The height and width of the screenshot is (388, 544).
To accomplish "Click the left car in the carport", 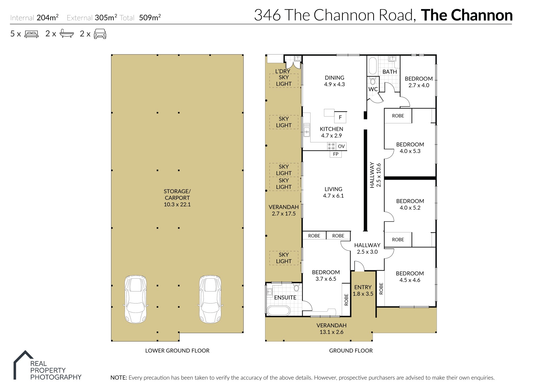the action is click(x=136, y=299).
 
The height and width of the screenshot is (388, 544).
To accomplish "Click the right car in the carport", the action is click(x=210, y=299).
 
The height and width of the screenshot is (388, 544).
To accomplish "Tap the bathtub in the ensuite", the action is click(x=278, y=311).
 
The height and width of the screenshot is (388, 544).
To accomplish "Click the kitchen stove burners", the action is click(x=331, y=146).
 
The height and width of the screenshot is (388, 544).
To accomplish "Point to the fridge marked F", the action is click(x=340, y=117).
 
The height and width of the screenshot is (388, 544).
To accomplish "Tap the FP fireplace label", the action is click(x=335, y=154).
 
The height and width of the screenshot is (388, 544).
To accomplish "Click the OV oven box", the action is click(x=341, y=146).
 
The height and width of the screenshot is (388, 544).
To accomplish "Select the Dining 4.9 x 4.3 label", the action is click(x=334, y=81).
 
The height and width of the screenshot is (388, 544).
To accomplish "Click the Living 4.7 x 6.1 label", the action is click(x=333, y=192).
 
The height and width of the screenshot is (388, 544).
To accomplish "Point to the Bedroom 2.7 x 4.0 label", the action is click(x=418, y=82).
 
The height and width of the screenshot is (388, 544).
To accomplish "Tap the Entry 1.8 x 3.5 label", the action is click(x=363, y=290).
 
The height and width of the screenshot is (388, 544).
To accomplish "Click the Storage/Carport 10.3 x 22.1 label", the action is click(x=177, y=198).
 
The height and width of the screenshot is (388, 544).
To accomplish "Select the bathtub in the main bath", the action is click(x=372, y=66).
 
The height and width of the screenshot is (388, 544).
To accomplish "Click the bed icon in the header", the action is click(x=31, y=34).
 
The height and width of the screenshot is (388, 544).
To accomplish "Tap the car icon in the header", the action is click(x=100, y=34).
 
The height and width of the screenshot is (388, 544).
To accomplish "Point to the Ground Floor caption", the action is click(x=351, y=351).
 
